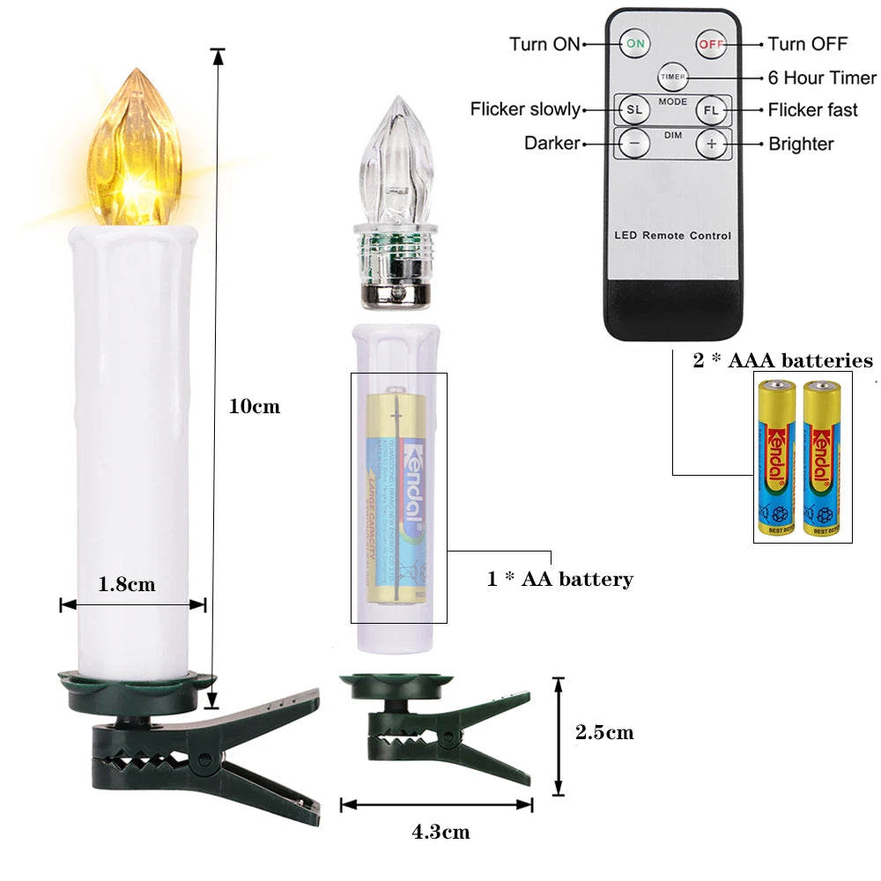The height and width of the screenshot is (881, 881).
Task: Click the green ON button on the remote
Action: [x=634, y=42]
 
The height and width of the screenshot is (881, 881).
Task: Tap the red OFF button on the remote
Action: [x=710, y=42]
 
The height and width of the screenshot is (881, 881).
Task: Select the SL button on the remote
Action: [x=633, y=110]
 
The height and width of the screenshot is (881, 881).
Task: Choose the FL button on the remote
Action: [x=711, y=110]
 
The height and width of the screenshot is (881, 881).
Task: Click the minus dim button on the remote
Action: [x=633, y=143]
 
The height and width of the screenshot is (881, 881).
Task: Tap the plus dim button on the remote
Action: [x=711, y=143]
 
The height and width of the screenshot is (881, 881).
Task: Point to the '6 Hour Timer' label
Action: [x=822, y=78]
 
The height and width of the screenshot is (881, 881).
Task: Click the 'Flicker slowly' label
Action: [x=525, y=110]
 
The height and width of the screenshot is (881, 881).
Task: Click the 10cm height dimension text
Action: [x=254, y=406]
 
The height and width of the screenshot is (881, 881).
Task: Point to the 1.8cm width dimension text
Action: [x=127, y=584]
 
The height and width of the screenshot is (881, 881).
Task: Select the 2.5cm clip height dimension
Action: [x=604, y=732]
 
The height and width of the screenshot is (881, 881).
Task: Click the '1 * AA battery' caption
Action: [x=560, y=579]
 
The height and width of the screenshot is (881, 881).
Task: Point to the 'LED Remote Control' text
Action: [x=672, y=235]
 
